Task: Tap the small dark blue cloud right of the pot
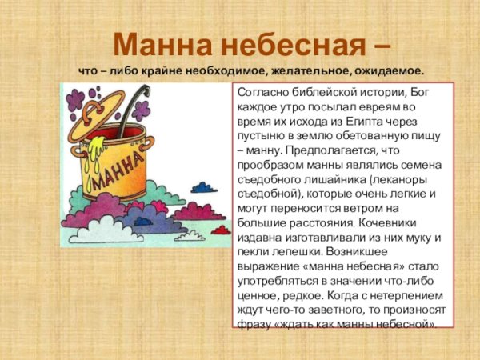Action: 204,188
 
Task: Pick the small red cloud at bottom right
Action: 221,230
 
